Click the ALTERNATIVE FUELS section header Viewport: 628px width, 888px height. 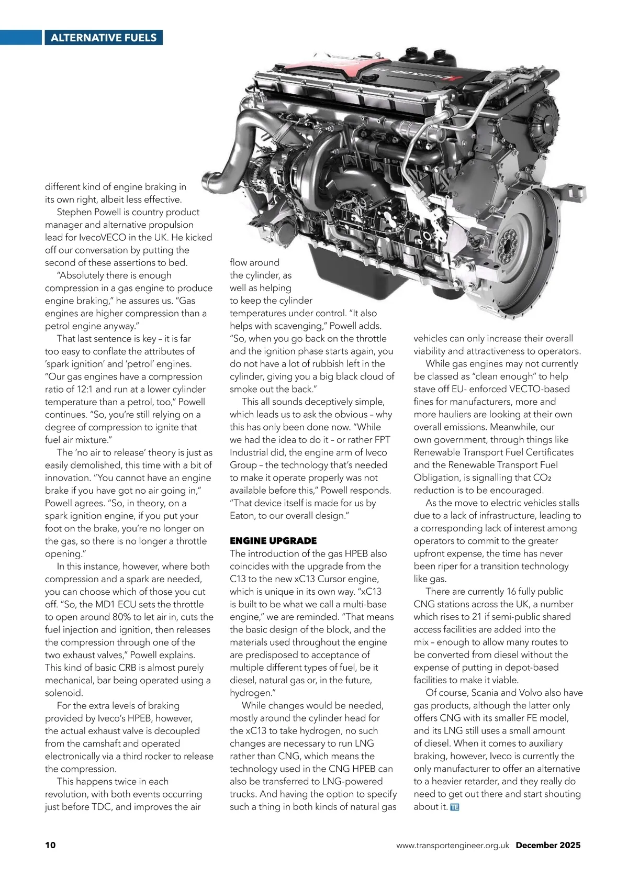[103, 38]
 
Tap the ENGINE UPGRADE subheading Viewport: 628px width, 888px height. [273, 541]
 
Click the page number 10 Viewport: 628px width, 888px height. [50, 845]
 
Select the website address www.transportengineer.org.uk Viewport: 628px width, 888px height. [452, 845]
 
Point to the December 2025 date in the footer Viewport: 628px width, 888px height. [548, 845]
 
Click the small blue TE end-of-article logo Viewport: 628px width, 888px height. [454, 807]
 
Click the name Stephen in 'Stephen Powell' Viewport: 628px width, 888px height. [74, 212]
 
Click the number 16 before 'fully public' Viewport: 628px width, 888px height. [511, 592]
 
